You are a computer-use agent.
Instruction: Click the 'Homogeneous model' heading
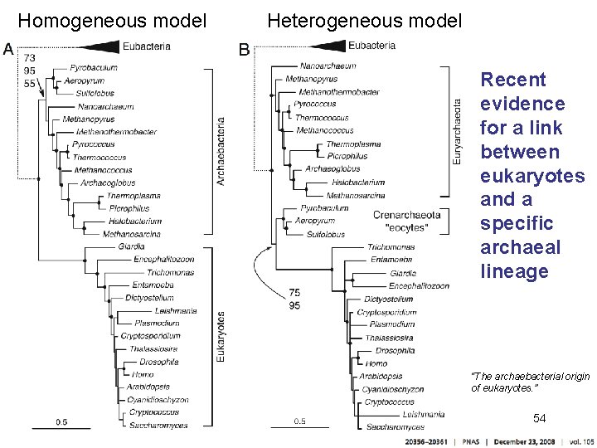(x=112, y=21)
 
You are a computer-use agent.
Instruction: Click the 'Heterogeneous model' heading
(x=365, y=21)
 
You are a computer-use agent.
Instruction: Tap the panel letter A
(x=9, y=49)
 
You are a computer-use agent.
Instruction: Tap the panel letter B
(x=245, y=50)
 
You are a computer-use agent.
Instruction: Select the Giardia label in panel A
(x=130, y=246)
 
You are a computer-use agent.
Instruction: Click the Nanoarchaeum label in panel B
(x=328, y=66)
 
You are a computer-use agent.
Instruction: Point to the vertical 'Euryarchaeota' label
(x=457, y=130)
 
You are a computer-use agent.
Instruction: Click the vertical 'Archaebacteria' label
(x=221, y=150)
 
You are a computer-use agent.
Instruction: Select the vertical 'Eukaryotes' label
(x=221, y=335)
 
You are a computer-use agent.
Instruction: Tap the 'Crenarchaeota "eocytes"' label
(x=406, y=220)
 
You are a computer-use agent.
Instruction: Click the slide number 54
(x=539, y=417)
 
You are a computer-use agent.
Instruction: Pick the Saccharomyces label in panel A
(x=158, y=426)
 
